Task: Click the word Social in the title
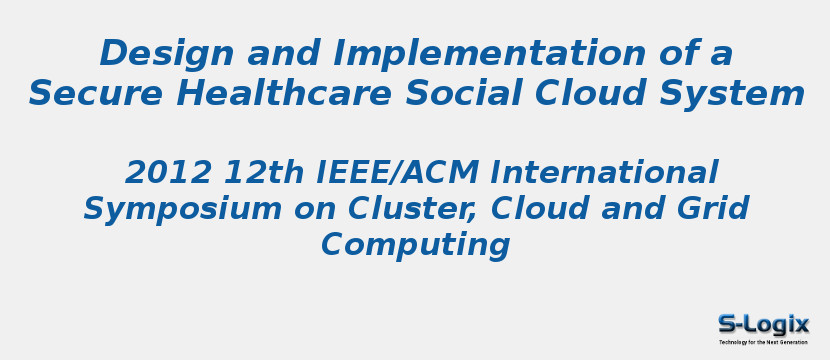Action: [464, 93]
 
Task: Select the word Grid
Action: [716, 209]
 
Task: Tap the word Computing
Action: [415, 245]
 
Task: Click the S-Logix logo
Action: [763, 324]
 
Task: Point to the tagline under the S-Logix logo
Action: [763, 342]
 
